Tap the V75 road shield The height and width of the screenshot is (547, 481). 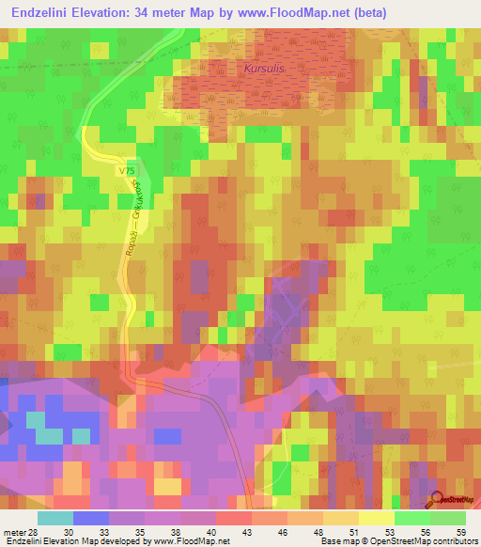(x=128, y=170)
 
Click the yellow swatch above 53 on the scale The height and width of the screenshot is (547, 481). (x=376, y=518)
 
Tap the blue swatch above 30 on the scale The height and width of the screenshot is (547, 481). (x=90, y=518)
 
